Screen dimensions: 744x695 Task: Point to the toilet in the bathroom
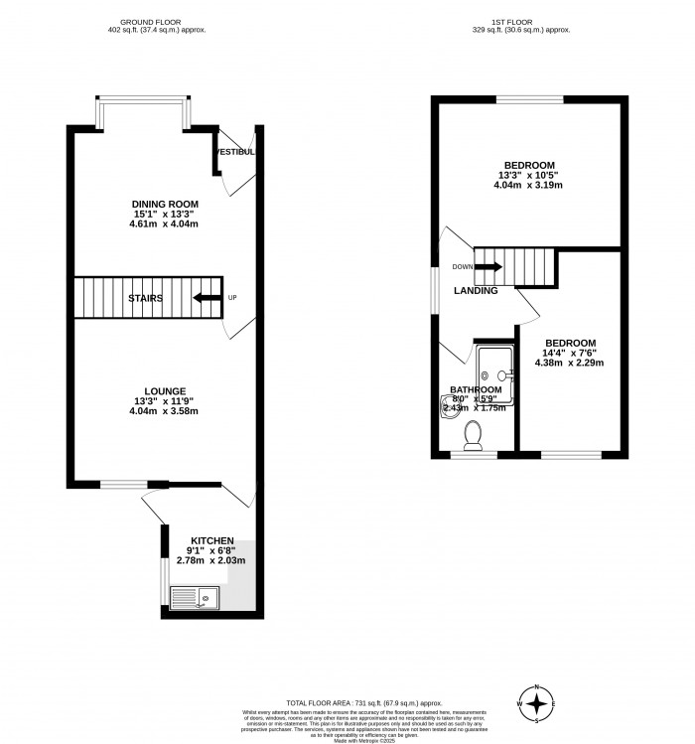474,434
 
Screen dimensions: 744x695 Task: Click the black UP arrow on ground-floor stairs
208,297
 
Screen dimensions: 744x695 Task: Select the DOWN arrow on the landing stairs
488,266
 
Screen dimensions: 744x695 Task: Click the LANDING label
476,290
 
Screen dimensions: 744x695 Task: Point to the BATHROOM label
476,390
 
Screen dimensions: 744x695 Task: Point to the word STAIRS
145,297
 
